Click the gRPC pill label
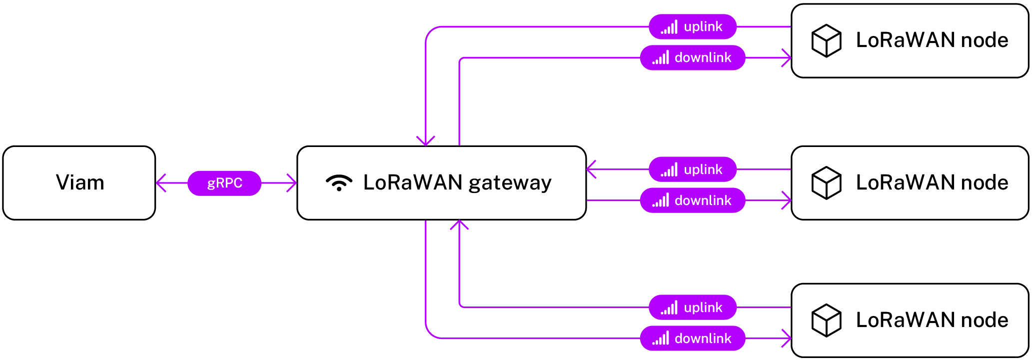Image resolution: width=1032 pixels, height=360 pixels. pos(224,183)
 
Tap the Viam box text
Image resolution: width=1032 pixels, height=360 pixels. pos(80,183)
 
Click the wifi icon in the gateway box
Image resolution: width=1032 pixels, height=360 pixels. pos(339,183)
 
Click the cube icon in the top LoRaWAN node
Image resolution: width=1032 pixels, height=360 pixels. pos(826,40)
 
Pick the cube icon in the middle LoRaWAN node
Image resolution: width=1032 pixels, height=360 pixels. pos(826,183)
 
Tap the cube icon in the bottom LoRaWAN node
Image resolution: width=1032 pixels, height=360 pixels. pos(826,320)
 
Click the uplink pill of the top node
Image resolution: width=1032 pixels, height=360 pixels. pos(693,26)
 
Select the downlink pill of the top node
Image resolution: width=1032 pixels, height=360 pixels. pos(693,57)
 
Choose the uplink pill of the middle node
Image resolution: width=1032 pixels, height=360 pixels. pos(693,169)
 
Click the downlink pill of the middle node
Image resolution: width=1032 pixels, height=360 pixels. pos(693,200)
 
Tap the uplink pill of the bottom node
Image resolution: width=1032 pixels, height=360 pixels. pos(693,307)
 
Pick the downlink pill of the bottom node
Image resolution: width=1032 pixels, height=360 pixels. pos(693,338)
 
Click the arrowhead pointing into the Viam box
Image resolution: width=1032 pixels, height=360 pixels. pos(160,183)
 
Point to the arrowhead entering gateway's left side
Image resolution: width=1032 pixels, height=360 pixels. pos(293,183)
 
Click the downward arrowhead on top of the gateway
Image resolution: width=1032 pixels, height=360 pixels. pos(426,141)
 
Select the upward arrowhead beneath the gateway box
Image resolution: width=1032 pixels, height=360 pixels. pos(459,224)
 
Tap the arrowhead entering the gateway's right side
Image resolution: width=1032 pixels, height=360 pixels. pos(591,169)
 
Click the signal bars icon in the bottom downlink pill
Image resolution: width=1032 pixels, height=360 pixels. pos(661,338)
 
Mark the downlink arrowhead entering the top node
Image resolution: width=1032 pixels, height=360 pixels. pos(787,57)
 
